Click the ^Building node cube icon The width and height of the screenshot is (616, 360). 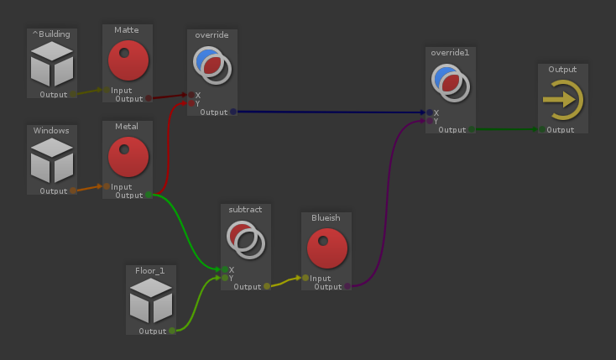point(51,64)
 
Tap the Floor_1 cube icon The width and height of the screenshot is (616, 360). point(151,300)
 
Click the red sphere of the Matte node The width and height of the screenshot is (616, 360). point(128,60)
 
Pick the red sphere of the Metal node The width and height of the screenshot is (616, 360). point(128,157)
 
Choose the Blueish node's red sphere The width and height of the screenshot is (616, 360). point(326,248)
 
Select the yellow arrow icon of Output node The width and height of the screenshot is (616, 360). point(562,100)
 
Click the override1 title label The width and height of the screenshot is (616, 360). point(451,52)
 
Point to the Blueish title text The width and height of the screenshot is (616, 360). point(326,218)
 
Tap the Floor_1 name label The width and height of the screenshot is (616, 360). point(151,270)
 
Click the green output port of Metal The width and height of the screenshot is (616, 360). point(149,196)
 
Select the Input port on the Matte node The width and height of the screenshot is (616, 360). point(107,91)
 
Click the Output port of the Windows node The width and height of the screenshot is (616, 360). point(73,191)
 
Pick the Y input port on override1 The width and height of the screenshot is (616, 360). point(430,121)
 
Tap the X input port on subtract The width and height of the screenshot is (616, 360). point(224,270)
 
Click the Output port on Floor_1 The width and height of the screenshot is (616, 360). point(172,331)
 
